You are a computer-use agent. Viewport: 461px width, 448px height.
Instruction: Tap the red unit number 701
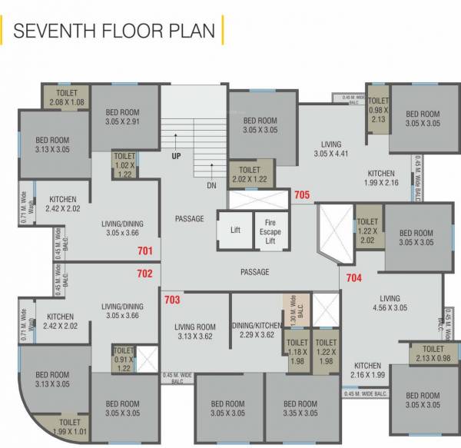click(x=145, y=251)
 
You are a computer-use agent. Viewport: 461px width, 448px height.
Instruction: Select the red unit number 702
click(x=145, y=273)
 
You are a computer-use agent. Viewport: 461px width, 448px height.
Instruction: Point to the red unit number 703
click(x=171, y=299)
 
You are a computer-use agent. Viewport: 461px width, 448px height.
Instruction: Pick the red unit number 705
click(x=302, y=195)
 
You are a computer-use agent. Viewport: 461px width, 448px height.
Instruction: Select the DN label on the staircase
click(x=212, y=185)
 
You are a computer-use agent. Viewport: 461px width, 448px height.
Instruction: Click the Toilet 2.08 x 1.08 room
click(x=67, y=98)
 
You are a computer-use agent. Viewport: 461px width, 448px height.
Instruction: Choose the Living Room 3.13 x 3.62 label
click(x=195, y=330)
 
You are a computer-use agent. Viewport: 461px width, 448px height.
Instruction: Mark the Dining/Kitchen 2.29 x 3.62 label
click(x=257, y=330)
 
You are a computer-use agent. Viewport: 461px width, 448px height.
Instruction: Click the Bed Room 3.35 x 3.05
click(x=300, y=408)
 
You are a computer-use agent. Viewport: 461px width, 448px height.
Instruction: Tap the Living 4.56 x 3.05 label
click(x=390, y=303)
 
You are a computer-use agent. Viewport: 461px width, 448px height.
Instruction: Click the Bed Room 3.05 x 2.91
click(x=122, y=117)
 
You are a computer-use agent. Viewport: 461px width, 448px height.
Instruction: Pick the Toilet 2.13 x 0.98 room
click(x=433, y=353)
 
